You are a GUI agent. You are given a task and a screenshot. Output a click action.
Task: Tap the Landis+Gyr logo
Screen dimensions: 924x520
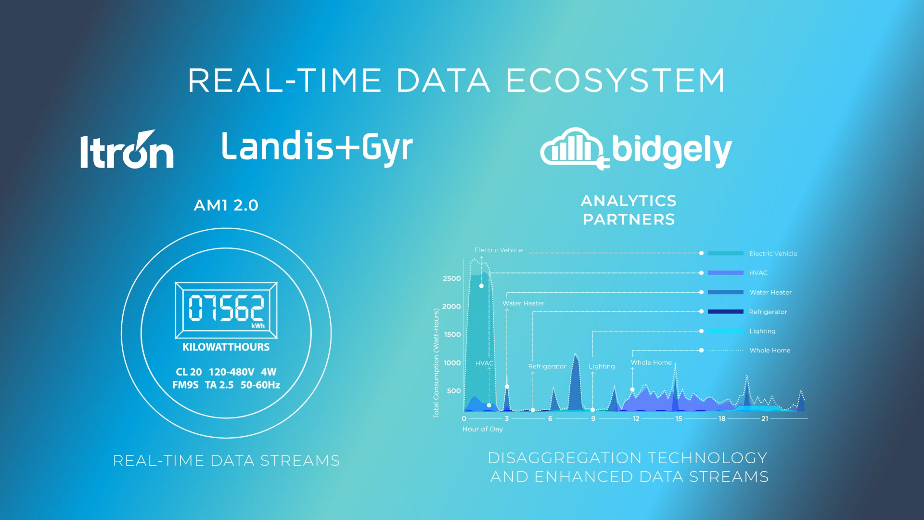317,147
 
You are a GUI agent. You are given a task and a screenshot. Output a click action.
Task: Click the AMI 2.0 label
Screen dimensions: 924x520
226,206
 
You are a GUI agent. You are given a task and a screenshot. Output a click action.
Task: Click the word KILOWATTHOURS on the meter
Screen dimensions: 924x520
226,347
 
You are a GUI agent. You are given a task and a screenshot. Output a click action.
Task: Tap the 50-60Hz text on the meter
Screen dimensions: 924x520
260,385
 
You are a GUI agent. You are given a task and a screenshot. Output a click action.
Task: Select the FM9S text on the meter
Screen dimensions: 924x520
185,385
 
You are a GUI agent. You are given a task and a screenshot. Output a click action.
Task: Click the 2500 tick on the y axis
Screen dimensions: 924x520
452,279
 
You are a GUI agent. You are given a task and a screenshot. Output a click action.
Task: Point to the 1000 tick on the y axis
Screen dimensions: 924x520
452,363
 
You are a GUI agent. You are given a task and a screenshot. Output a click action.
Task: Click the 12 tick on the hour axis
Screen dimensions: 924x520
636,419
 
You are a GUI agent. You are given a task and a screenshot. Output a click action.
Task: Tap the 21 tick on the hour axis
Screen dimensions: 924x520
765,419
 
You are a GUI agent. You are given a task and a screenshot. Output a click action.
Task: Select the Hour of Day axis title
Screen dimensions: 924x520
483,429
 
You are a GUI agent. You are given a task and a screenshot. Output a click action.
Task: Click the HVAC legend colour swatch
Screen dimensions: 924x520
726,273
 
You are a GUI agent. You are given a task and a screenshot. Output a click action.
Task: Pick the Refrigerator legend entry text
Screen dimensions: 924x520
768,312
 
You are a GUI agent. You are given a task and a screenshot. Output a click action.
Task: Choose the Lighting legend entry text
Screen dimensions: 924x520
762,331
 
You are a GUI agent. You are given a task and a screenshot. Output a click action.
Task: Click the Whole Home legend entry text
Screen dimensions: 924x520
770,351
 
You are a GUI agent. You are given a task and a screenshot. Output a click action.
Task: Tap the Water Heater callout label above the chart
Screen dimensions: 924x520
524,303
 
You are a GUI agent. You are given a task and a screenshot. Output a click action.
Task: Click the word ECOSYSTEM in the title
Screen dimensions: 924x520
616,80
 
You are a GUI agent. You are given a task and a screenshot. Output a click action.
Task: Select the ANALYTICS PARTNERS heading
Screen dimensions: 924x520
629,210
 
